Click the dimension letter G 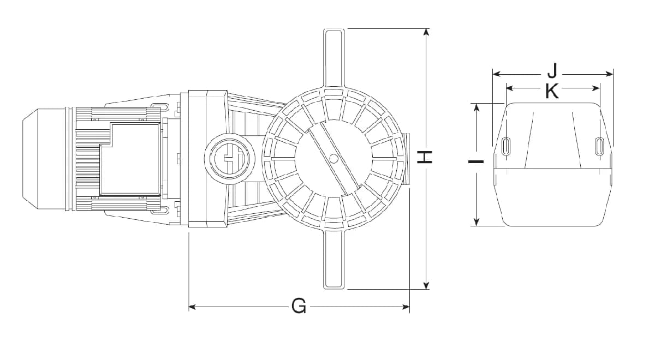click(299, 307)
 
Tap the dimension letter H click(424, 157)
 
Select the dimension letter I click(476, 161)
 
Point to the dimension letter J click(552, 71)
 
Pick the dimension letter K click(552, 91)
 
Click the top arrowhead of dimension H click(426, 32)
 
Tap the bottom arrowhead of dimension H click(426, 285)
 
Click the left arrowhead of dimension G click(192, 307)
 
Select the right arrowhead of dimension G click(406, 307)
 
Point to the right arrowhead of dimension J click(609, 74)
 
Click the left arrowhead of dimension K click(510, 88)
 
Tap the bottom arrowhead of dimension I click(477, 222)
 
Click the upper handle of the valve click(334, 58)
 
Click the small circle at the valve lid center click(333, 158)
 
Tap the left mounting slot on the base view click(507, 145)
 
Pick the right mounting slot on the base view click(599, 145)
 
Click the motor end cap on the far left click(44, 159)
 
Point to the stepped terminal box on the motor click(130, 159)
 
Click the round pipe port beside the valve click(230, 159)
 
